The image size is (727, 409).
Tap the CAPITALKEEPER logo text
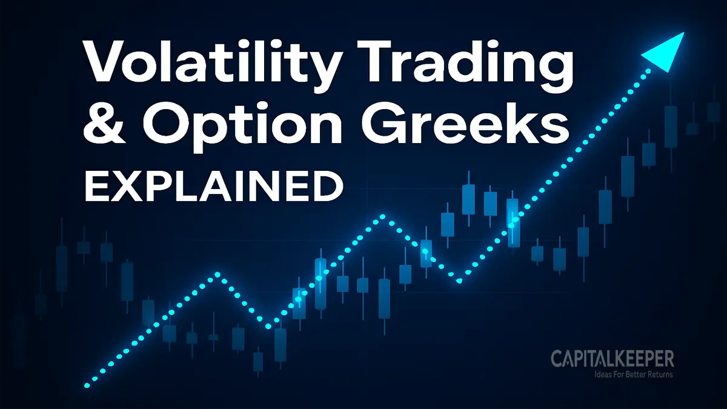tap(612, 358)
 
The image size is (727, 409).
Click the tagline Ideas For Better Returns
tap(625, 374)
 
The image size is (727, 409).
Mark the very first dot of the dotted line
tap(87, 385)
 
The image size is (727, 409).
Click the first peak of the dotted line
tap(217, 276)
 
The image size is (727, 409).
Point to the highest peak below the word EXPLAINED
tap(382, 216)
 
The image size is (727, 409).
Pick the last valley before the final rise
tap(459, 280)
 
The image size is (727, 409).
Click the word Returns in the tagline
tap(658, 374)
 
